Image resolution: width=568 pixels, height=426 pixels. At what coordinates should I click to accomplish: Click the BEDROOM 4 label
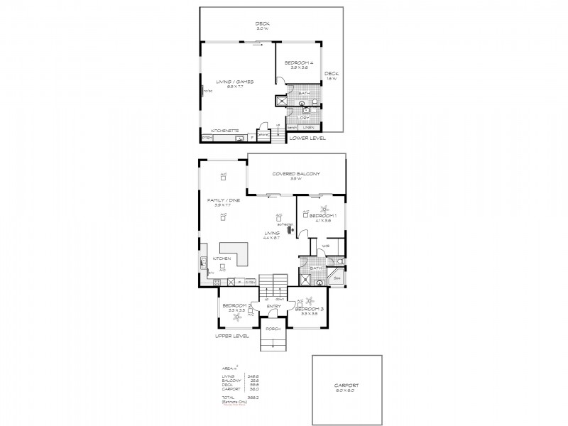point(298,64)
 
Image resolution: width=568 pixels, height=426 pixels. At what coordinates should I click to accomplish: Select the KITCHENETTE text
point(224,130)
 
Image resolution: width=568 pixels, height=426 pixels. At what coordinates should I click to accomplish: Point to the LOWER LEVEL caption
point(307,138)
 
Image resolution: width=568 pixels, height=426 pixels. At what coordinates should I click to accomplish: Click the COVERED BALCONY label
point(296,174)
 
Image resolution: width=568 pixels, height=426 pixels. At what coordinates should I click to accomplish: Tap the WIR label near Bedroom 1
point(324,246)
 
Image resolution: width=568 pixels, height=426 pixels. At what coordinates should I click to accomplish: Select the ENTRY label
point(273,306)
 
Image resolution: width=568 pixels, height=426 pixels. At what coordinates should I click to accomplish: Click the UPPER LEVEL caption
point(232,336)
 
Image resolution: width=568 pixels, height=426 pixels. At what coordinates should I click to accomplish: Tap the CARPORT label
point(346,386)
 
